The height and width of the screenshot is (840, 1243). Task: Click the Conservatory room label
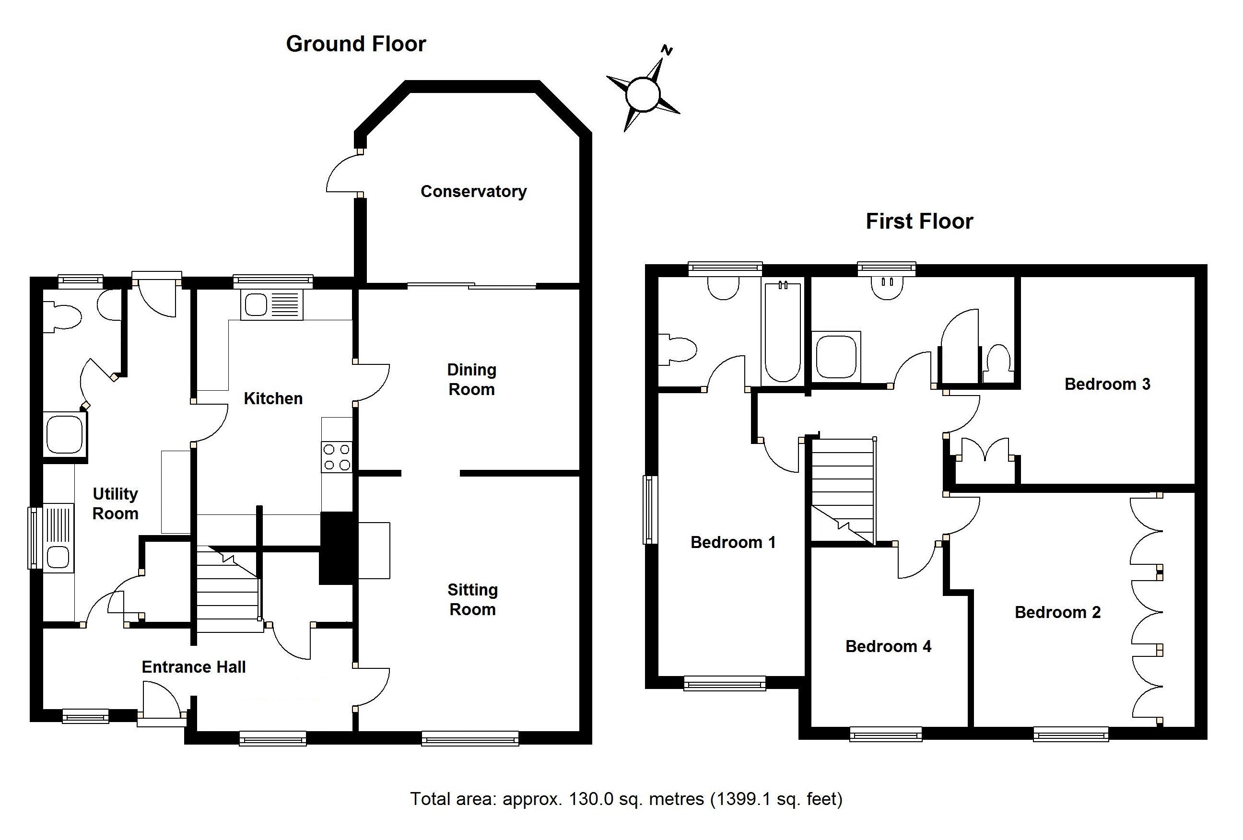pos(473,191)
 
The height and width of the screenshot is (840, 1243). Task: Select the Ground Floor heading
pos(356,44)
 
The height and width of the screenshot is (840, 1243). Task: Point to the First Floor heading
pos(919,222)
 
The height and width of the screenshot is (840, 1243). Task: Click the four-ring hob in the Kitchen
pos(337,457)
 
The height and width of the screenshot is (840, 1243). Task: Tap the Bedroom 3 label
pos(1107,384)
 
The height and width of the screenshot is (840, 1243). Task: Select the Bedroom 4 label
pos(889,646)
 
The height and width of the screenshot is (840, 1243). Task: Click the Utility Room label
pos(116,504)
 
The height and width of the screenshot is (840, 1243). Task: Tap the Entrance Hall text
pos(194,667)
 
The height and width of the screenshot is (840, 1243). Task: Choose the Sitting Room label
pos(473,599)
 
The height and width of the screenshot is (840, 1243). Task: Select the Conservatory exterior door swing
pos(342,172)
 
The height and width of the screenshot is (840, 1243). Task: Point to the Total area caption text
pos(626,799)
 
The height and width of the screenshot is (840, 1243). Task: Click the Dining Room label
pos(472,380)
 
